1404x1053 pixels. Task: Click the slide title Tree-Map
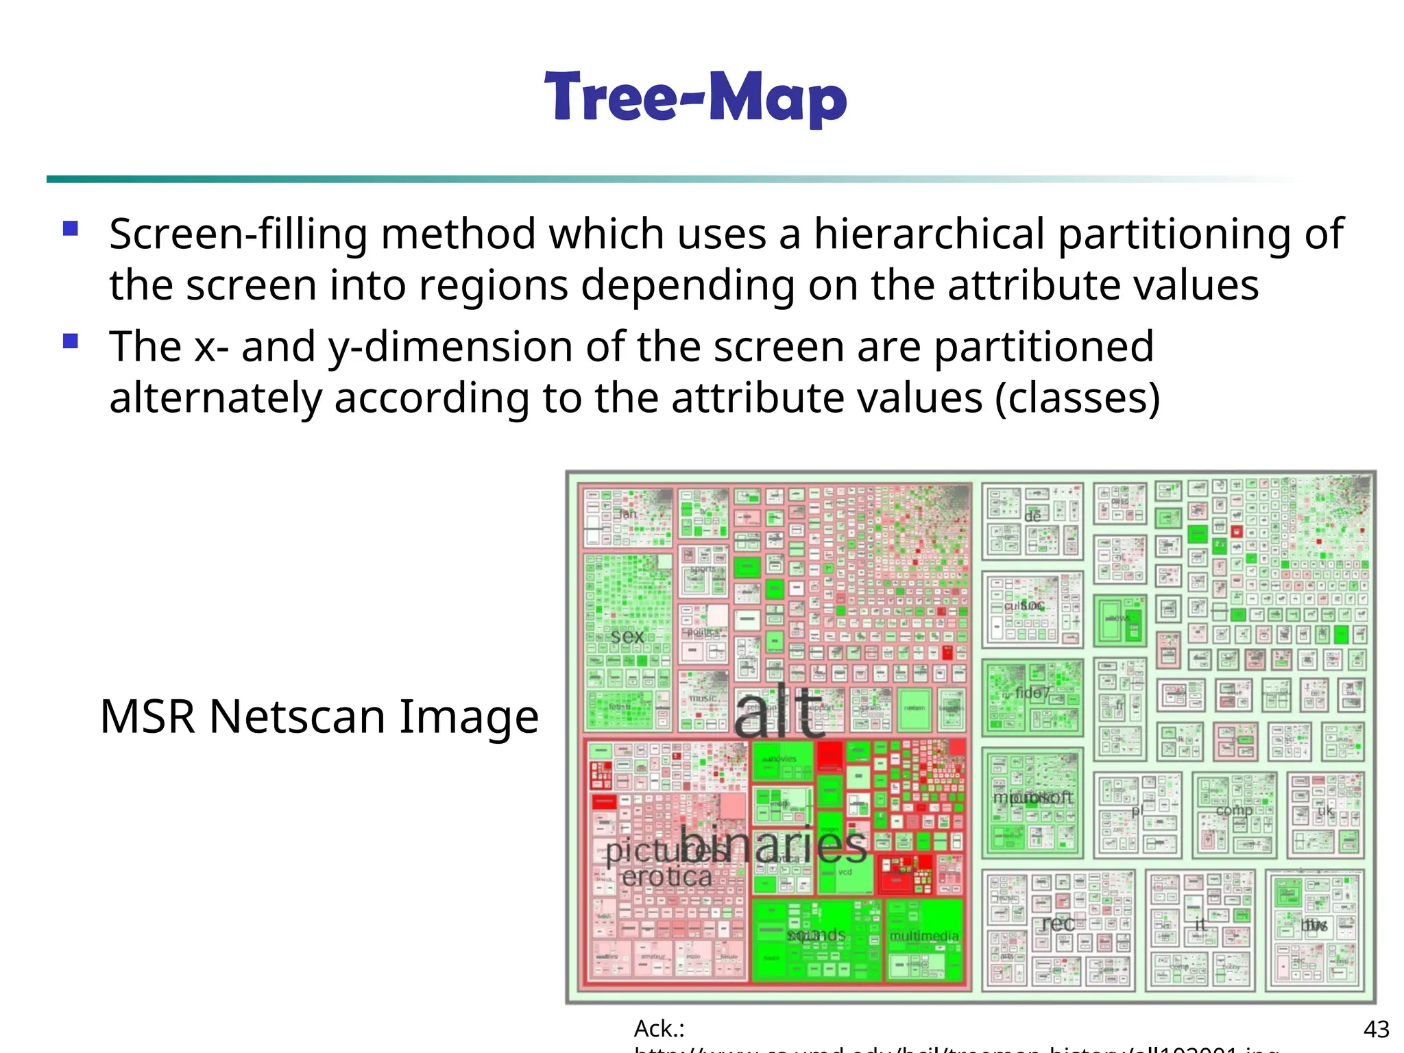696,98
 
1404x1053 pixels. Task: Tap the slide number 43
1376,1029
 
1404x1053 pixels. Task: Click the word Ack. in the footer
659,1029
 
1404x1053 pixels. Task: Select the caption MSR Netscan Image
319,716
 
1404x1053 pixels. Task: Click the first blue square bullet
71,228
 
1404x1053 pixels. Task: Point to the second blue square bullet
71,341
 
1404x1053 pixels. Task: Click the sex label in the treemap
627,636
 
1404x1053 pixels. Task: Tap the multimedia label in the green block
923,936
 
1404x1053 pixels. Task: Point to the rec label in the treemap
1058,923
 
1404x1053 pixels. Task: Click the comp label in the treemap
1234,810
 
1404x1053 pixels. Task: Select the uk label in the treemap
1325,811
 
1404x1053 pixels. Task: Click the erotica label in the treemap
666,876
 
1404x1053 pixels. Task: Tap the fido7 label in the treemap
1032,693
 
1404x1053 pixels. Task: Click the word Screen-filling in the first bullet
238,234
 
